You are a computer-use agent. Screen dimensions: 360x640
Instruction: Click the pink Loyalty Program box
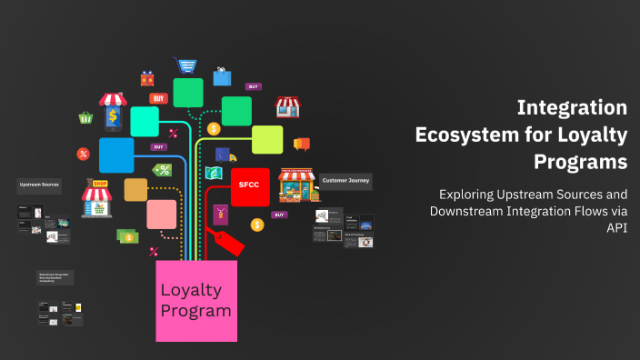[x=196, y=301]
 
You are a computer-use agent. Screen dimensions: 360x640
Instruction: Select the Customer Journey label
[x=345, y=181]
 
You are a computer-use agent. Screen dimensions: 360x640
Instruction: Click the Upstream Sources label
[x=40, y=185]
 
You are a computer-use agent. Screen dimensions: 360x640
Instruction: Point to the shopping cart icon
[x=188, y=66]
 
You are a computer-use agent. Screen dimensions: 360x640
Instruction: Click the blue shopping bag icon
[x=222, y=76]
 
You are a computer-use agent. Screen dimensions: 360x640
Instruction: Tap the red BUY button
[x=159, y=98]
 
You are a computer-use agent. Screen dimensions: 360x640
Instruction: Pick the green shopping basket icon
[x=86, y=117]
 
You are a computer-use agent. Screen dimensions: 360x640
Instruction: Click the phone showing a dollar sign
[x=113, y=115]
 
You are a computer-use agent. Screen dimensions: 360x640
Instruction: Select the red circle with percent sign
[x=83, y=153]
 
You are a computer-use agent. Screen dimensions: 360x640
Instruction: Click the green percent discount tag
[x=163, y=170]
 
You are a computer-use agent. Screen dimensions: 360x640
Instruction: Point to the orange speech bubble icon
[x=302, y=144]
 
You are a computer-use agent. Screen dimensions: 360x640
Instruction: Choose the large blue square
[x=116, y=155]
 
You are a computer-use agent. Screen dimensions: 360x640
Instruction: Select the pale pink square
[x=161, y=215]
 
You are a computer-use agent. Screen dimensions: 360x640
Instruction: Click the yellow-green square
[x=266, y=139]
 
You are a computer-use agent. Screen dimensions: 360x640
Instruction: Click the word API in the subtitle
[x=616, y=228]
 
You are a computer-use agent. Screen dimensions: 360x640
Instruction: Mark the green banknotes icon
[x=126, y=236]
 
